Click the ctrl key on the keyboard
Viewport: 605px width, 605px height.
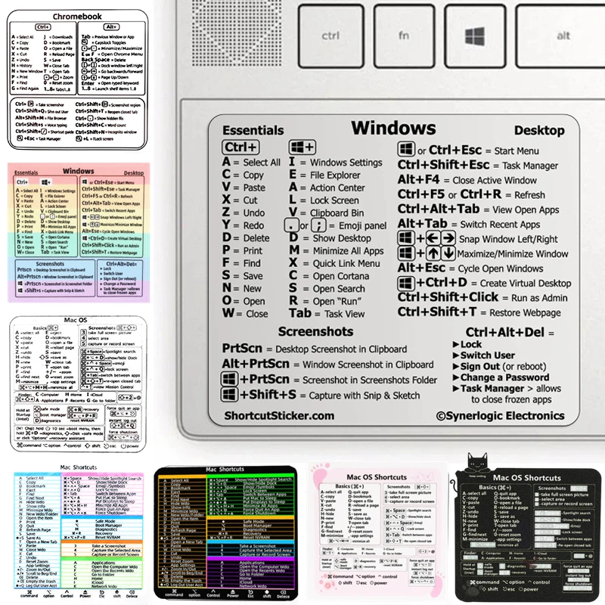330,36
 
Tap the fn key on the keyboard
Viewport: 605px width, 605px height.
404,36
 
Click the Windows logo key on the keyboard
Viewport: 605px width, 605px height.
474,36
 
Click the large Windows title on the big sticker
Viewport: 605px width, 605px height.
393,128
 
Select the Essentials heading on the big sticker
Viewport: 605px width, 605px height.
253,131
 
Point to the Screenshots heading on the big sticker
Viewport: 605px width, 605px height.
315,331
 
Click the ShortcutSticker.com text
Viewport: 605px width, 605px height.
279,415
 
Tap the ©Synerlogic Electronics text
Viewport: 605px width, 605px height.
500,415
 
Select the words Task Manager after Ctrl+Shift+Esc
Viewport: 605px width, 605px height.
530,166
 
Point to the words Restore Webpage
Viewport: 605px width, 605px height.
521,312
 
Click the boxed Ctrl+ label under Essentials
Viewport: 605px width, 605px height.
240,147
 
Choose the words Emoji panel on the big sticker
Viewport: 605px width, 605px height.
359,225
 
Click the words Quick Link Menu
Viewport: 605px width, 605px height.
346,263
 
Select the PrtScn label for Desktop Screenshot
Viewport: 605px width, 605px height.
241,349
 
